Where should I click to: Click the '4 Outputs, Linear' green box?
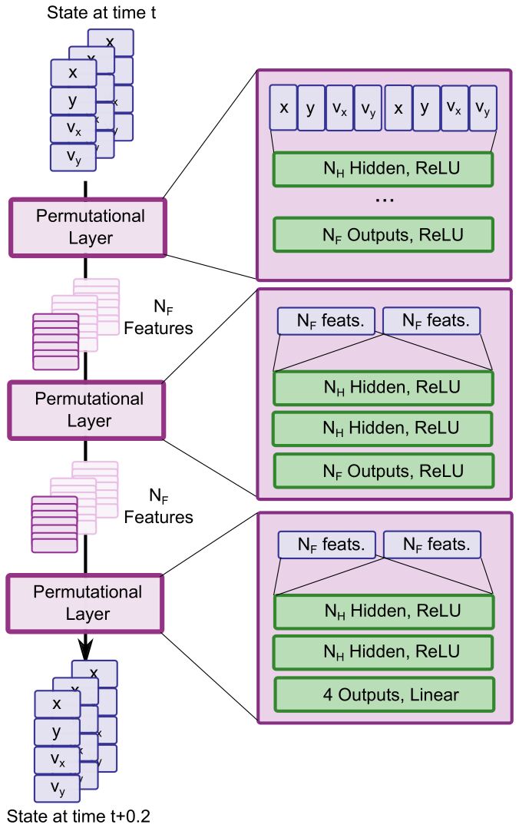[382, 695]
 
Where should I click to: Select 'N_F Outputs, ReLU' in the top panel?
[382, 233]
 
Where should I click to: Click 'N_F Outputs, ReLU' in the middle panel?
[382, 468]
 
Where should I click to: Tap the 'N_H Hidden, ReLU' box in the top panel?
[382, 169]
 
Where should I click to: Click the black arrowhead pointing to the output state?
[86, 644]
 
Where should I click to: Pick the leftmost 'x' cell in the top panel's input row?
[284, 108]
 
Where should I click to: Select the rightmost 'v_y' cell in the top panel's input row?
[481, 108]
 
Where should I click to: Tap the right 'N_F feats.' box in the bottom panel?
[431, 545]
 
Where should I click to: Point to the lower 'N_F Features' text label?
[158, 508]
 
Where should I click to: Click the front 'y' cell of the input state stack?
[73, 101]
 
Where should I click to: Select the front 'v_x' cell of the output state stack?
[57, 760]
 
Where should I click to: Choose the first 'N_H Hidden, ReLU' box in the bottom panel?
[382, 612]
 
